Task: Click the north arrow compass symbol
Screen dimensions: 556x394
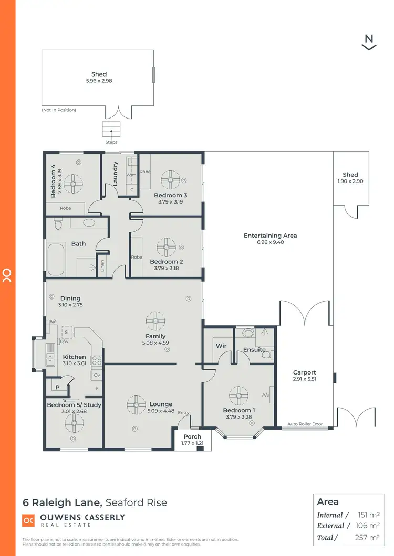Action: [369, 42]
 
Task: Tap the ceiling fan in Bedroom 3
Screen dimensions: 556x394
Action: [170, 179]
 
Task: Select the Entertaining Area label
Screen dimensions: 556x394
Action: [270, 236]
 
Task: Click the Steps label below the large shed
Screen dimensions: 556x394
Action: [111, 142]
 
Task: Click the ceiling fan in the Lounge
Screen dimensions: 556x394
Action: [136, 404]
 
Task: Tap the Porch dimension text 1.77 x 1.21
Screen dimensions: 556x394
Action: [192, 443]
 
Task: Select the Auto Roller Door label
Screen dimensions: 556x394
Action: [305, 424]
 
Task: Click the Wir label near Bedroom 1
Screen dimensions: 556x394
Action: [221, 346]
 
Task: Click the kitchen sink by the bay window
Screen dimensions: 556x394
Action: [50, 354]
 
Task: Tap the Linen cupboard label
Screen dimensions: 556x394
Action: [102, 266]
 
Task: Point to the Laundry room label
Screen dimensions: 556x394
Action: [116, 174]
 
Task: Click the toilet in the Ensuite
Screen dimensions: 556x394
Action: [267, 355]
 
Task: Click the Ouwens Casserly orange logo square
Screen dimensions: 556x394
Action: [28, 520]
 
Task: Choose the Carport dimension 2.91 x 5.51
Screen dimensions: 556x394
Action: [305, 379]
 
